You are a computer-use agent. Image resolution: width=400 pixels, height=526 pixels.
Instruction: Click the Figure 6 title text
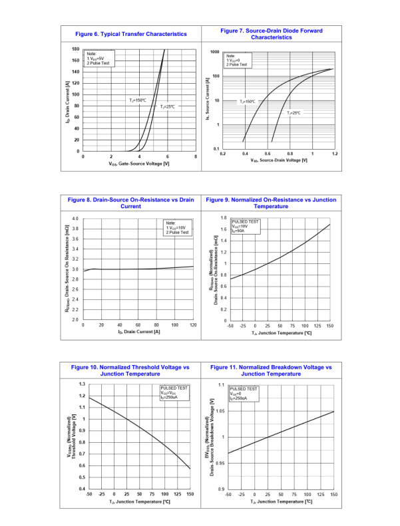coord(131,34)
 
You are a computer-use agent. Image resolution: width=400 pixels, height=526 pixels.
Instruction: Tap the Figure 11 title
coord(271,370)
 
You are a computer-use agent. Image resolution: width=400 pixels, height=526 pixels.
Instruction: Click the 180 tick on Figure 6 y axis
coord(75,49)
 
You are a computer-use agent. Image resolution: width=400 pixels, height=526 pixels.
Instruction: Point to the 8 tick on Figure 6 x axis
coord(196,156)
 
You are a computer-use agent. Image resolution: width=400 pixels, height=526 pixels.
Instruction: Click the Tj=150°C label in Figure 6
coord(138,100)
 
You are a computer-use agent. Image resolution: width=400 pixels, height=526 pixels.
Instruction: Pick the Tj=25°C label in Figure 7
coord(294,113)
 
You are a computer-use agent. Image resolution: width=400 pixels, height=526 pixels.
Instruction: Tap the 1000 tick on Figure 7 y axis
coord(214,52)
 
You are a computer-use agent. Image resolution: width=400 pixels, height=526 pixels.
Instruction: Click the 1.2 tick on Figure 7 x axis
coord(334,154)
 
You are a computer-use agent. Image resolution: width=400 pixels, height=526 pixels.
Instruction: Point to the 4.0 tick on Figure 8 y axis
coord(75,219)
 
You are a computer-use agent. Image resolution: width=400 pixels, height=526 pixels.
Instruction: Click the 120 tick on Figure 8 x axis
coord(194,325)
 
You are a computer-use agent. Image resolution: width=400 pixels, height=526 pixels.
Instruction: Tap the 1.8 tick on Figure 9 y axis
coord(224,218)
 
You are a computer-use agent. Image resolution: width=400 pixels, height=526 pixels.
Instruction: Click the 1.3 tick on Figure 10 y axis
coord(81,384)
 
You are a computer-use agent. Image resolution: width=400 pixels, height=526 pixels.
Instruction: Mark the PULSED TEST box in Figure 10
coord(174,392)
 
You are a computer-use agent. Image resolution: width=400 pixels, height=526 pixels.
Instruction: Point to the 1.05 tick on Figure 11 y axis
coord(221,411)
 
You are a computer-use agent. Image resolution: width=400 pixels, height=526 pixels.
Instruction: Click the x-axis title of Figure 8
coord(138,332)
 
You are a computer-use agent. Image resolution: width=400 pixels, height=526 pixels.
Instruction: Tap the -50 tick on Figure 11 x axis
coord(228,495)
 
